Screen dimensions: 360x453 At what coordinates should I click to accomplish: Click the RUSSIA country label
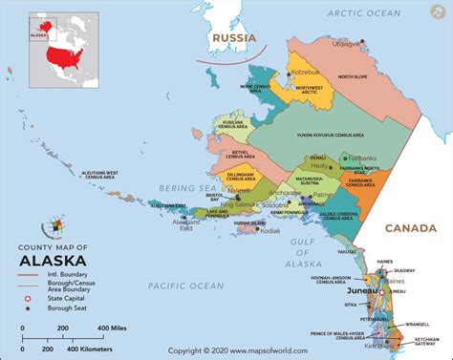pos(233,39)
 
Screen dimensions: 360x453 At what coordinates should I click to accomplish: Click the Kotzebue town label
pos(305,72)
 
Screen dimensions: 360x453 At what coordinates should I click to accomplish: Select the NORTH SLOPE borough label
pos(378,76)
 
